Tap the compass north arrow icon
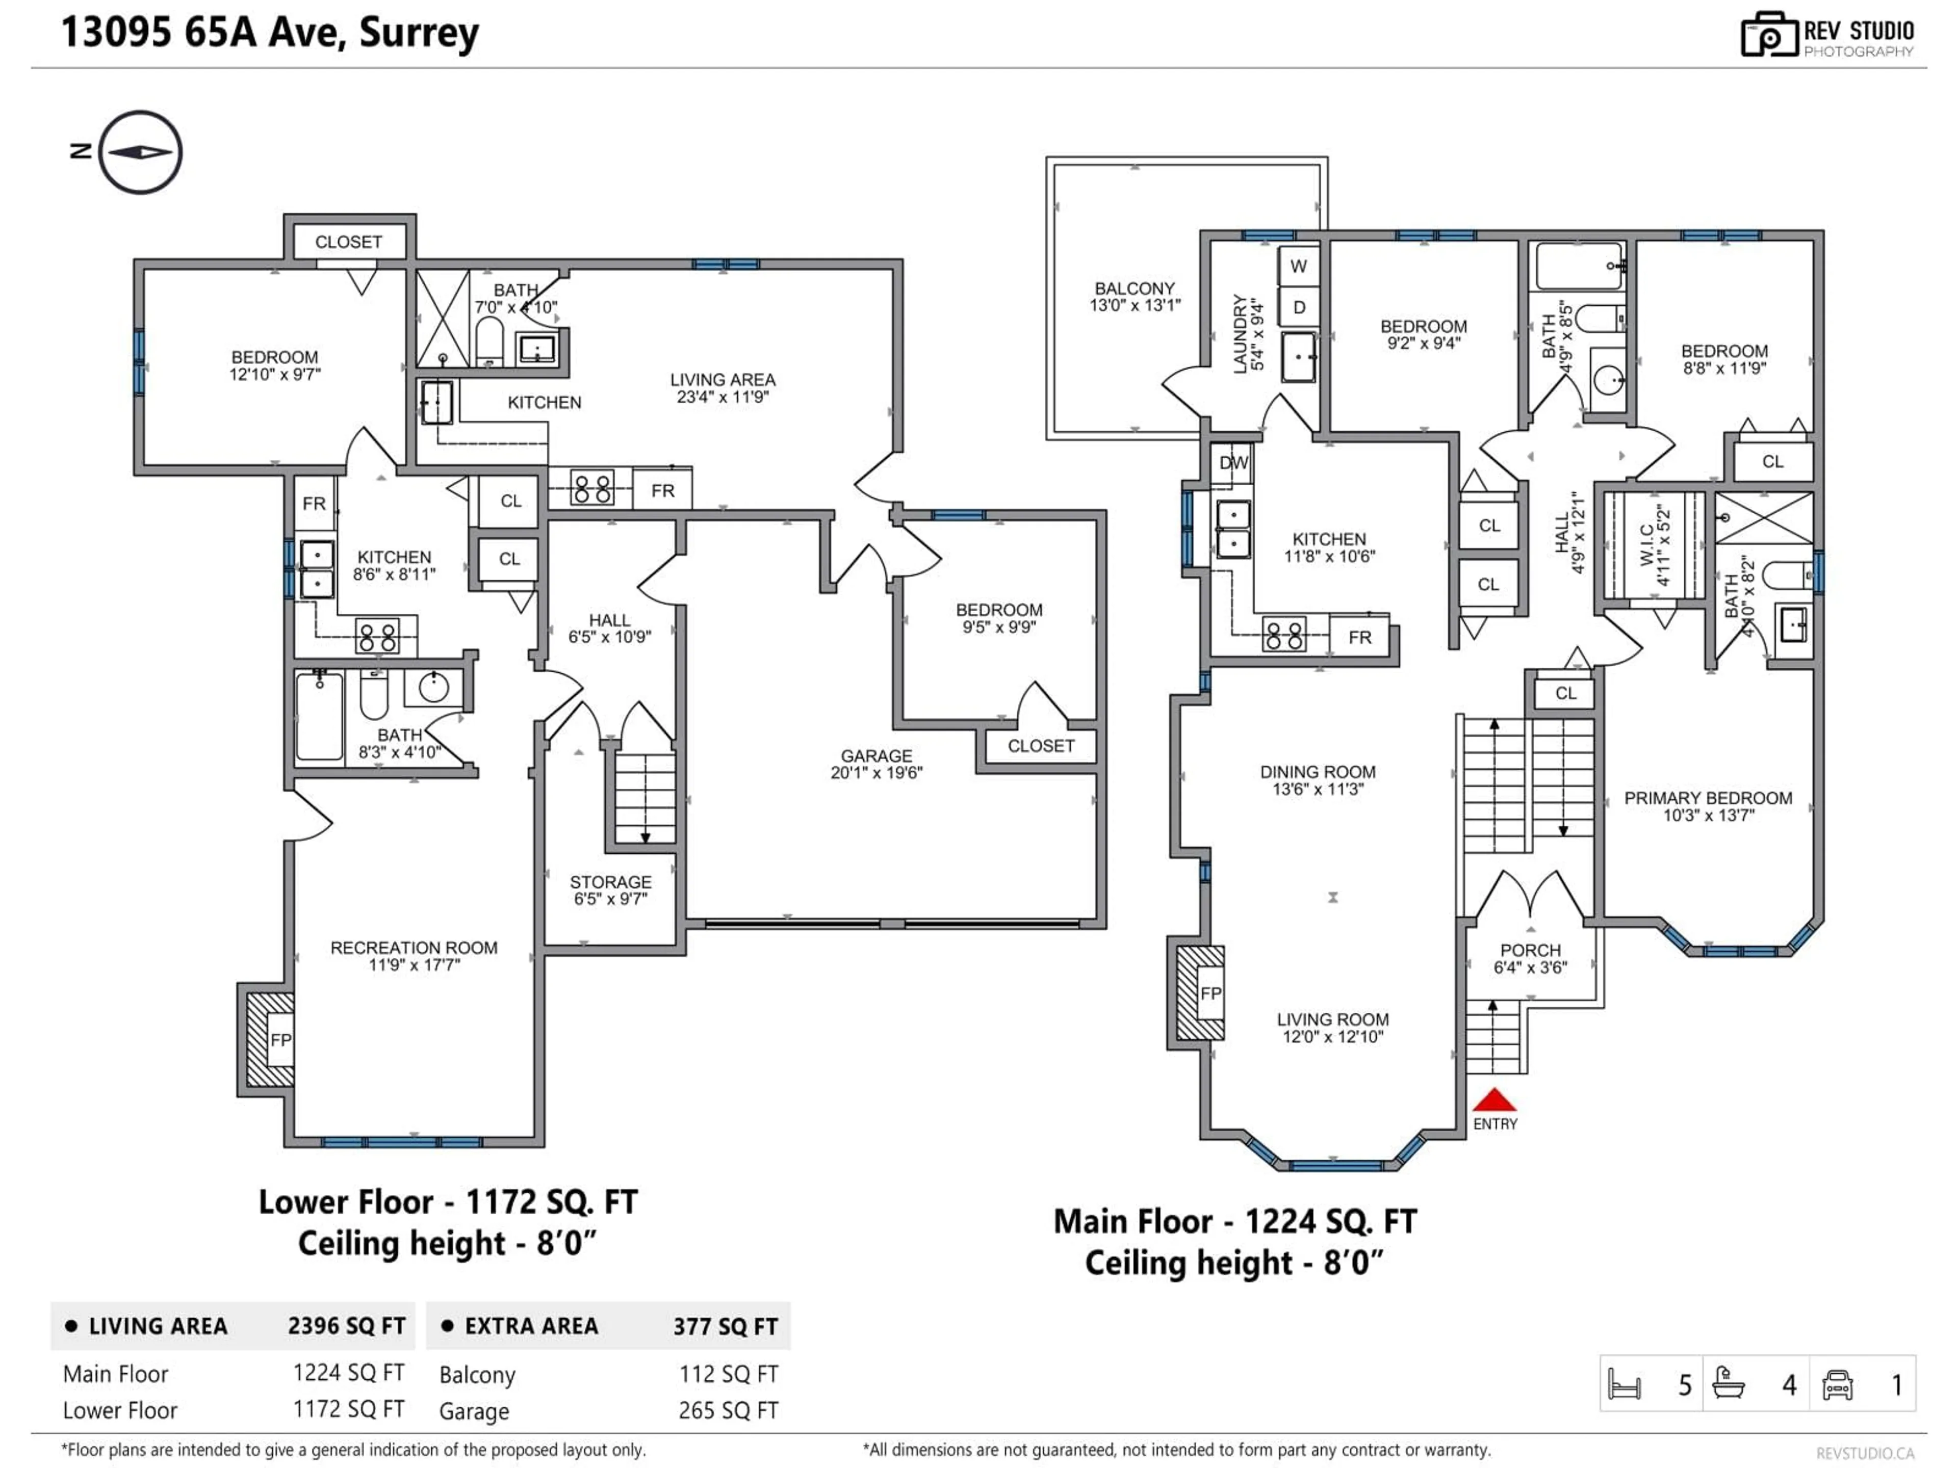140,152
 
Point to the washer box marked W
1299,267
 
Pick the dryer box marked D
1299,307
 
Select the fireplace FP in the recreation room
280,1040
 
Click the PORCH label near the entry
1531,950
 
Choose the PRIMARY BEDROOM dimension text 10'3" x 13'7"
1708,815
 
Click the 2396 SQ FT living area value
346,1326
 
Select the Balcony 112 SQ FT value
728,1374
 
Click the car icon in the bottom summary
1838,1385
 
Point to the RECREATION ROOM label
414,948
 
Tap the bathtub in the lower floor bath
320,717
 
